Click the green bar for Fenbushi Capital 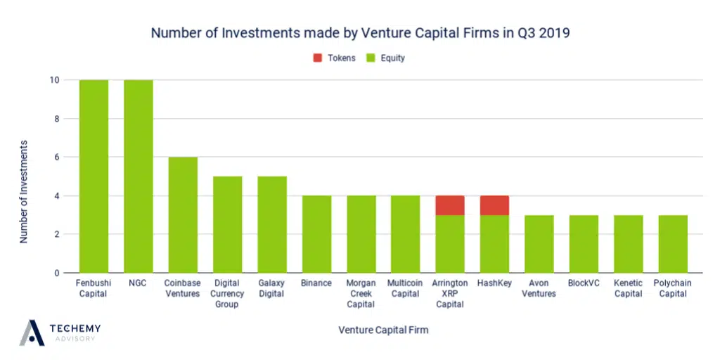coord(94,176)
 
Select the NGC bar coord(139,176)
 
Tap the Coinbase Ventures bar coord(183,214)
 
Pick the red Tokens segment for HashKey coord(495,205)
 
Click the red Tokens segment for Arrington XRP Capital coord(450,205)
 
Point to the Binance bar coord(316,234)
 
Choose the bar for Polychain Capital coord(673,244)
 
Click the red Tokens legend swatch coord(317,58)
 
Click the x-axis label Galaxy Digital coord(271,288)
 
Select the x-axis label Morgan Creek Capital coord(361,294)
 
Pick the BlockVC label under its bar coord(584,283)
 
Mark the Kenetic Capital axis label coord(629,288)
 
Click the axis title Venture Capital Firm coord(383,330)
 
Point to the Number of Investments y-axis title coord(24,191)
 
